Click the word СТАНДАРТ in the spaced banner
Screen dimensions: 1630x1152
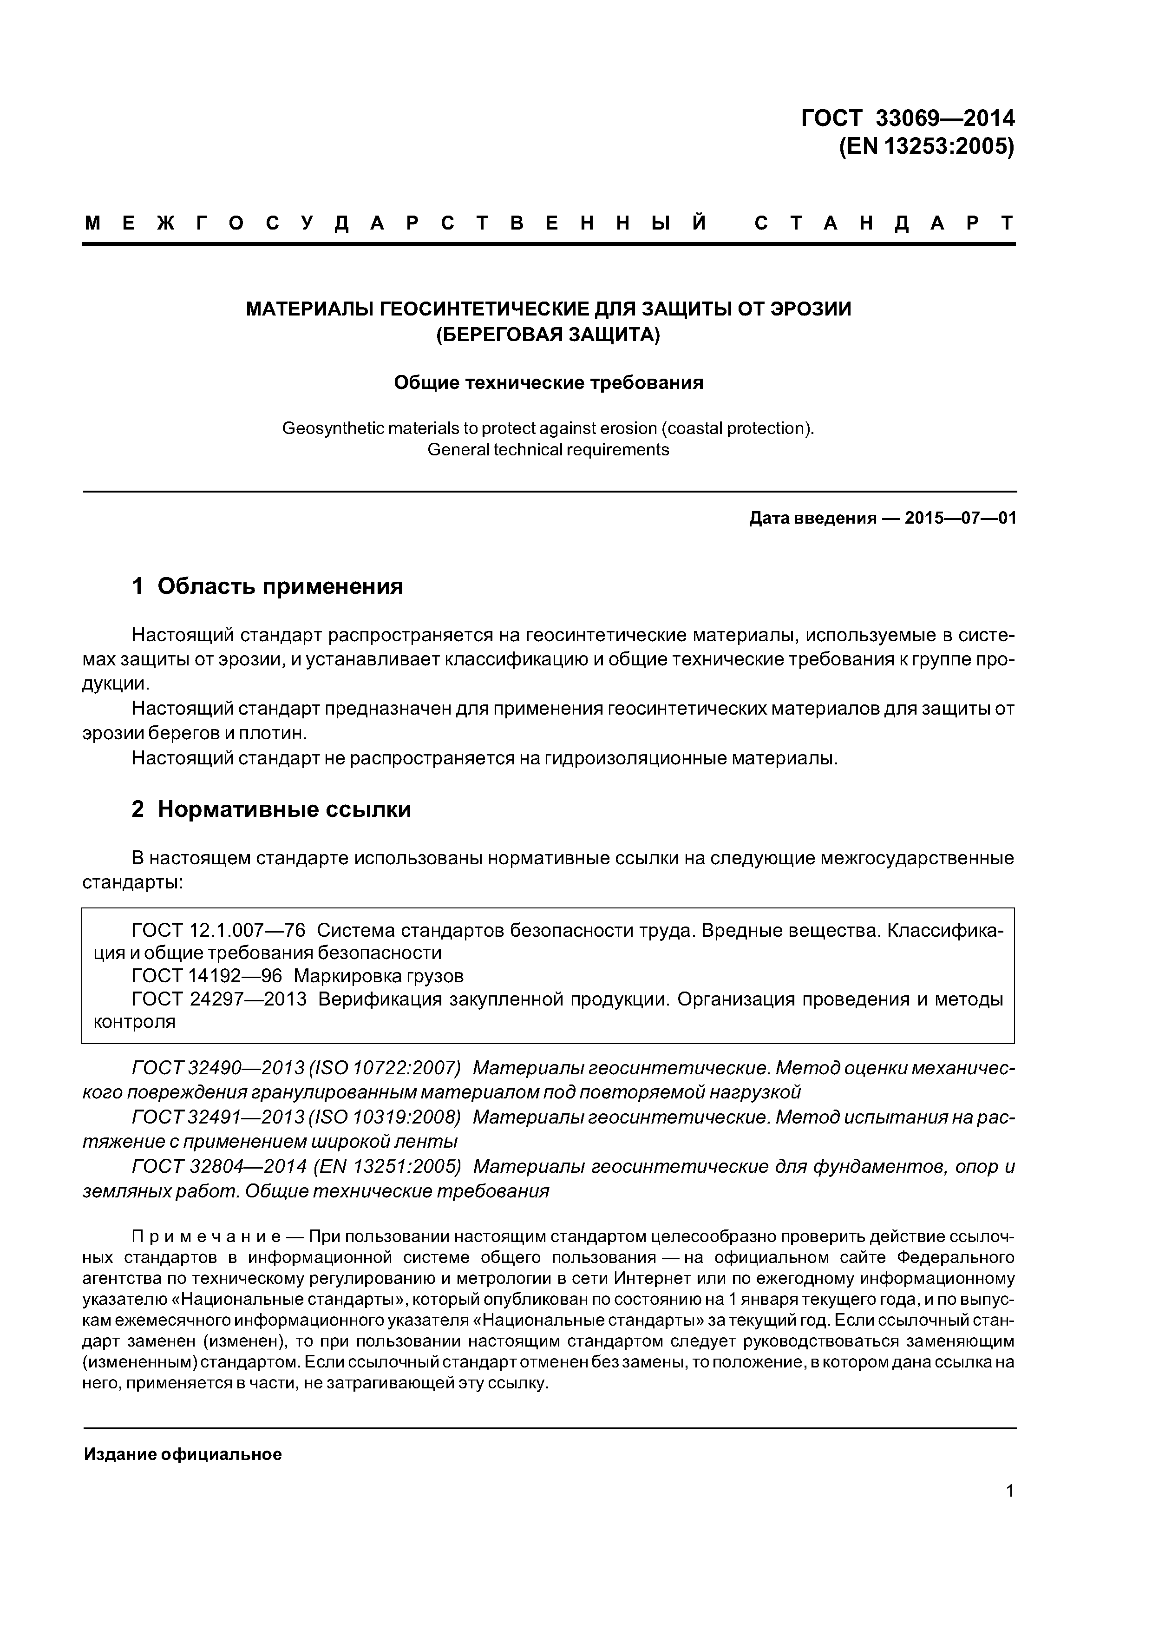(x=884, y=223)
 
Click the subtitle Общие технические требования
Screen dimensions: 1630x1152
(x=548, y=383)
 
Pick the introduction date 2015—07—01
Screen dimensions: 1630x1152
(x=960, y=518)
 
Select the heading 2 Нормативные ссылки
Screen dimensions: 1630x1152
(x=271, y=809)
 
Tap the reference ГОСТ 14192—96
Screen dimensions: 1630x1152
(x=207, y=976)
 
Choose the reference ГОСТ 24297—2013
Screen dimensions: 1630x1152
(x=219, y=999)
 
